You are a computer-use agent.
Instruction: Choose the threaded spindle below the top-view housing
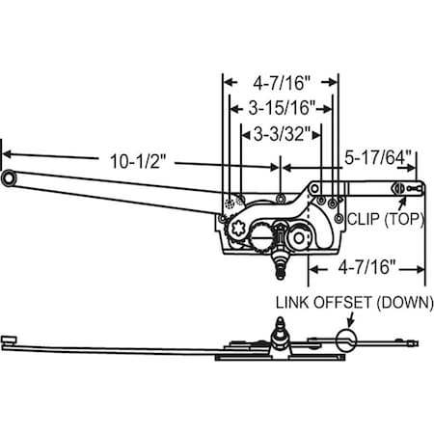coord(282,258)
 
